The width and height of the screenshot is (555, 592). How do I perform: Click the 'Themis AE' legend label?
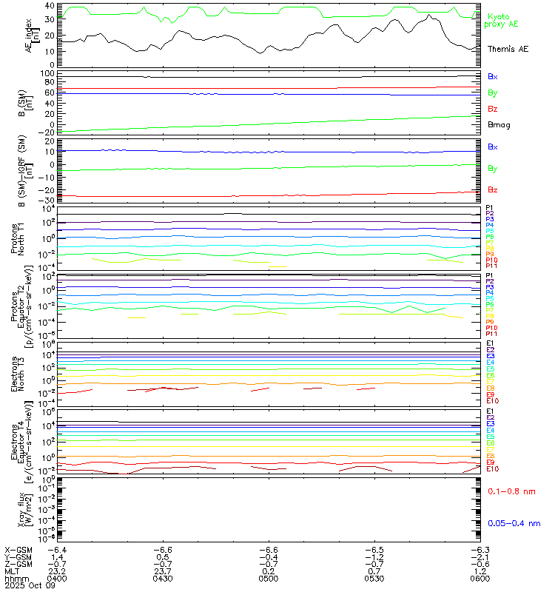(508, 49)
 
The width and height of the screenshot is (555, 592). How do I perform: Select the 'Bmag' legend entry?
(498, 124)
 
